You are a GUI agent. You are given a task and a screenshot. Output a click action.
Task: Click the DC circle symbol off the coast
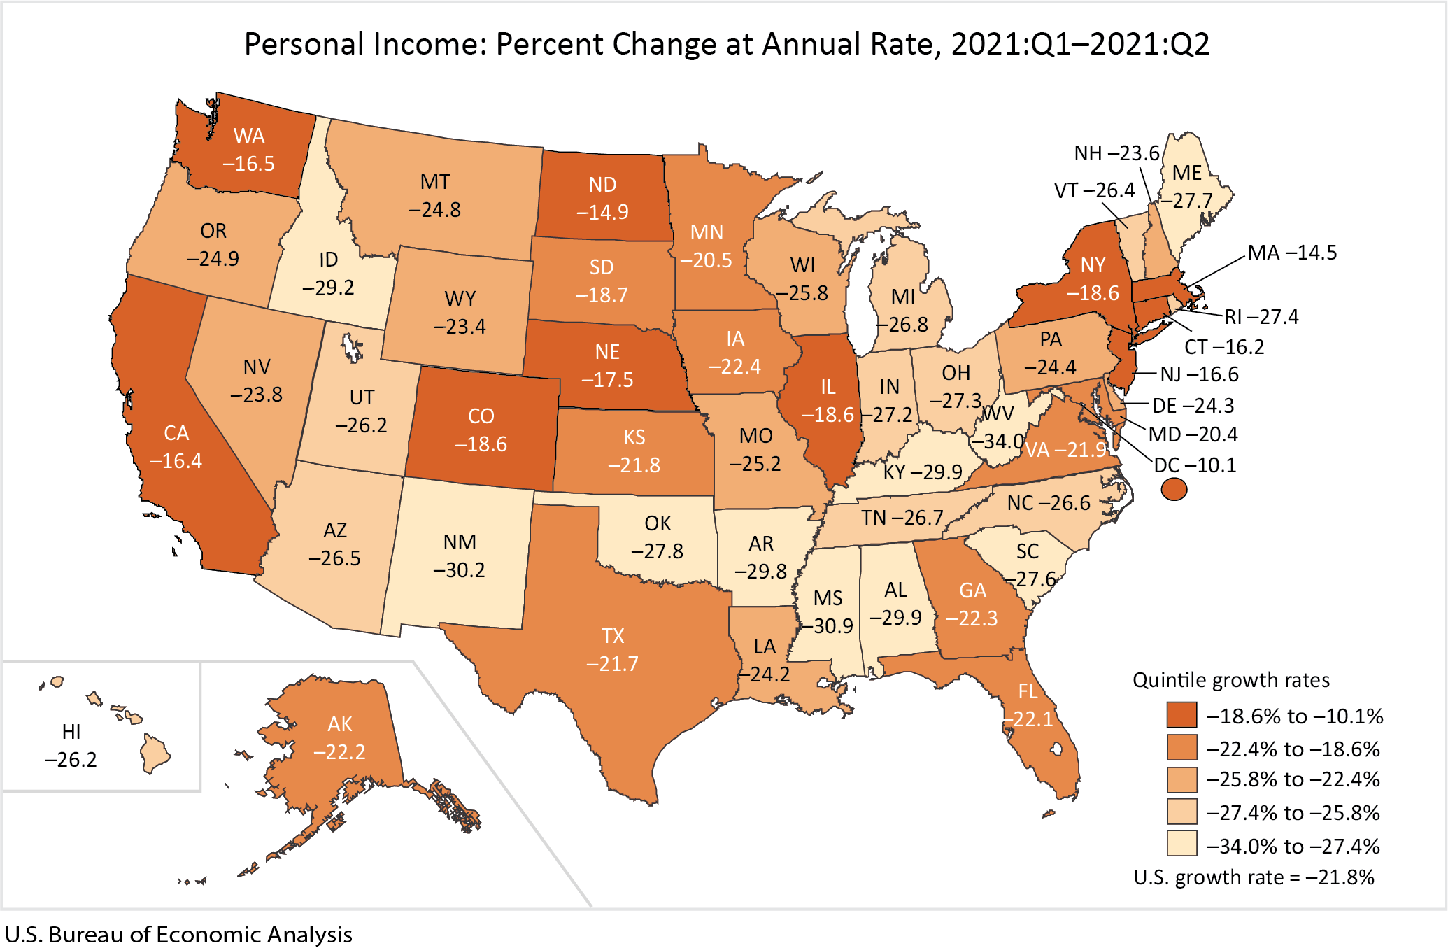1174,489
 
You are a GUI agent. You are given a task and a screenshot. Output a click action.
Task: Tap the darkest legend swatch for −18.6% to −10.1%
1181,715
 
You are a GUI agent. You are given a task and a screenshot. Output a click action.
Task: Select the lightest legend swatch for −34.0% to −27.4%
1181,844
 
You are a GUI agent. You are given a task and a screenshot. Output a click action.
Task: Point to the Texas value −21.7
612,663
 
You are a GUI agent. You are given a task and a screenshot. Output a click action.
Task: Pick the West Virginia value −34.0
998,441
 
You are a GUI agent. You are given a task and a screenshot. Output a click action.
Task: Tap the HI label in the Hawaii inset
71,732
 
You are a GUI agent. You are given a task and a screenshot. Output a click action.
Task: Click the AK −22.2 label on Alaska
339,738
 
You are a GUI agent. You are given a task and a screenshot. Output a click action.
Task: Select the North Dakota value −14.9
602,212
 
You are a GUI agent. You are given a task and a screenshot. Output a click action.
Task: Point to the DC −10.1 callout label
1195,465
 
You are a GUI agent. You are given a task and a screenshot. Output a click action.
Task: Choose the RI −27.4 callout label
1261,317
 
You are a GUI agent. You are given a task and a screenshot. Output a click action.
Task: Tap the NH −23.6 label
1116,153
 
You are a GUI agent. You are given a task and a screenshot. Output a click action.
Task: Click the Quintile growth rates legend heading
1230,680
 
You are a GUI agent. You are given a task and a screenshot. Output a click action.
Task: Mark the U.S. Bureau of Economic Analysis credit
178,935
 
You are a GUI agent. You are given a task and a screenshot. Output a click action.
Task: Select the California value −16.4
176,461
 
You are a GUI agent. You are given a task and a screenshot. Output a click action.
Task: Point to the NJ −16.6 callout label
1199,374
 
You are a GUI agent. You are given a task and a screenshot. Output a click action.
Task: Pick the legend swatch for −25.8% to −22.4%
1181,779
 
